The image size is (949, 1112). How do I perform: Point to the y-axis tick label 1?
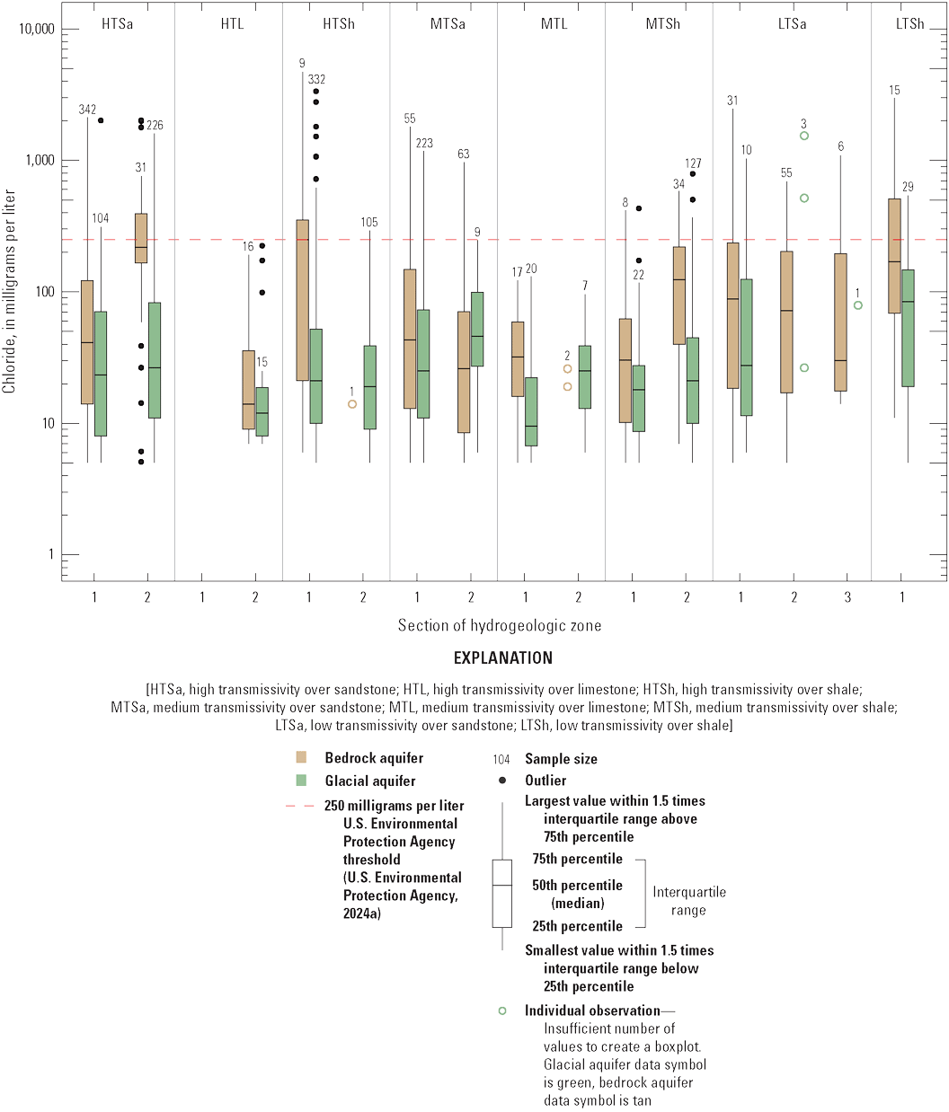pos(50,555)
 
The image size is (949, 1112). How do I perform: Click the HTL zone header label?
pos(232,24)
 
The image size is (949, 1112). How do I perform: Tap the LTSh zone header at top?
pos(909,24)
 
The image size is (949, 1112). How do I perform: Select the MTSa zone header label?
pos(447,24)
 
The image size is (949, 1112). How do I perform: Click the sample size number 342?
pos(87,110)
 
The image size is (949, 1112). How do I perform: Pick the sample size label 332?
pos(316,80)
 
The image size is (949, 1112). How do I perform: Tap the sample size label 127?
pos(693,163)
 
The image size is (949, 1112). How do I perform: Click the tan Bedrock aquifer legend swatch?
pos(302,757)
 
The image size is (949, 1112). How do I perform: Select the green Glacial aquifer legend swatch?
pos(302,780)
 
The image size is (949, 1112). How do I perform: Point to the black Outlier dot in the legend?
pos(502,781)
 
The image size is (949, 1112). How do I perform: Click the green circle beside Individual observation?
pos(502,1011)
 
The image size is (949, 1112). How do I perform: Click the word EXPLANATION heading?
pos(503,657)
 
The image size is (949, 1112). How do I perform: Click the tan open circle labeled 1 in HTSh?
pos(352,404)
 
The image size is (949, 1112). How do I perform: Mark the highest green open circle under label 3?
pos(804,136)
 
